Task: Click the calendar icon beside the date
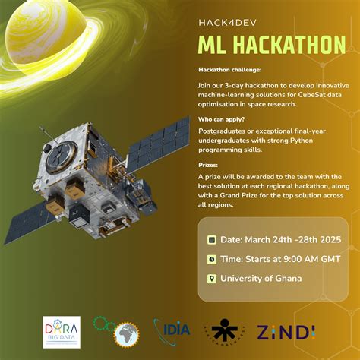212,240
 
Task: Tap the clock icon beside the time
212,259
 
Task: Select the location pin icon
212,278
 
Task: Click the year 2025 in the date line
327,240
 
